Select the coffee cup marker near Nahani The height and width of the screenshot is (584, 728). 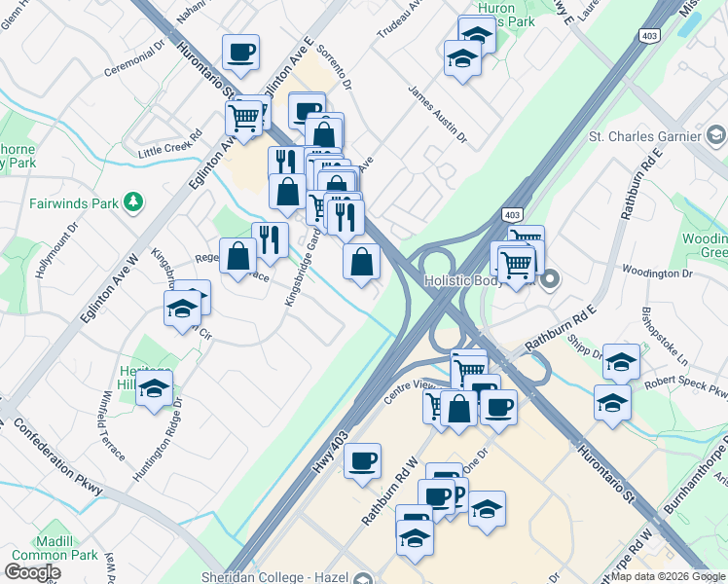(240, 52)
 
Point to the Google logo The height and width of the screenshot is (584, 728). (32, 572)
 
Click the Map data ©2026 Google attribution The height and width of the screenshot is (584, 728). (668, 576)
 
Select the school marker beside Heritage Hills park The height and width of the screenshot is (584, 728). (154, 388)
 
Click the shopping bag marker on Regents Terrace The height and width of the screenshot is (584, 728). (238, 257)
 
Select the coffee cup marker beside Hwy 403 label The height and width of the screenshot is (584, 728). (363, 461)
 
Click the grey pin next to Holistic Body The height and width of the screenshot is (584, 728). (550, 281)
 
